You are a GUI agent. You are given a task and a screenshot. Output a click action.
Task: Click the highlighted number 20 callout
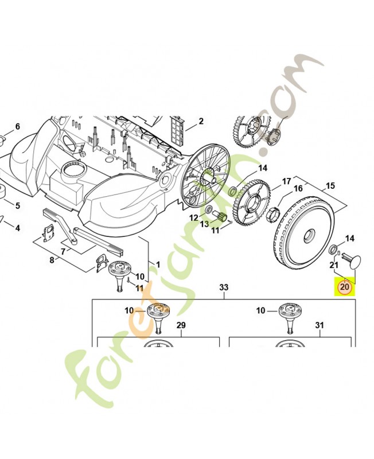click(x=345, y=286)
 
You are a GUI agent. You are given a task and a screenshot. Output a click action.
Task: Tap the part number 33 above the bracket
click(x=224, y=287)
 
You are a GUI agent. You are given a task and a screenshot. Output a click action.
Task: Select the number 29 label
click(x=181, y=325)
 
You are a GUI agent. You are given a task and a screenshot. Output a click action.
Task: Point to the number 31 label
click(x=320, y=325)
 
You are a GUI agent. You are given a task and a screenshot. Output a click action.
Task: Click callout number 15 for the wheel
click(x=330, y=185)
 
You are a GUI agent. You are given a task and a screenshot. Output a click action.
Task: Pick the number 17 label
click(x=286, y=181)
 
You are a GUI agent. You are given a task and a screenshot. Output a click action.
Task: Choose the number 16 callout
click(x=298, y=188)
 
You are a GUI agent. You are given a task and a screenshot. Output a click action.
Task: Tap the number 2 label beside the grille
click(x=201, y=121)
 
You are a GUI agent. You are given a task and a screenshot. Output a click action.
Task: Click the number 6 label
click(x=18, y=126)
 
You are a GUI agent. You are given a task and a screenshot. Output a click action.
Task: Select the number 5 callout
click(x=18, y=205)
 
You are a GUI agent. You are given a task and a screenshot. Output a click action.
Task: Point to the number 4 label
click(x=18, y=228)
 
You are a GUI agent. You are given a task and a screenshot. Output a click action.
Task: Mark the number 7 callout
click(x=63, y=251)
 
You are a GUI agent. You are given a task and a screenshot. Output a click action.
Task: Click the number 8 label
click(x=52, y=260)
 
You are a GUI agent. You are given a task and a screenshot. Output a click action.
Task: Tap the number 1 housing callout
click(x=158, y=265)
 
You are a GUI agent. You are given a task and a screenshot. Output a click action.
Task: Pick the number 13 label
click(x=204, y=224)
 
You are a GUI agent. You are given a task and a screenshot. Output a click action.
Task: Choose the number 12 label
click(x=194, y=218)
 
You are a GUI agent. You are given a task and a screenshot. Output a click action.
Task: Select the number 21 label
click(x=334, y=265)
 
